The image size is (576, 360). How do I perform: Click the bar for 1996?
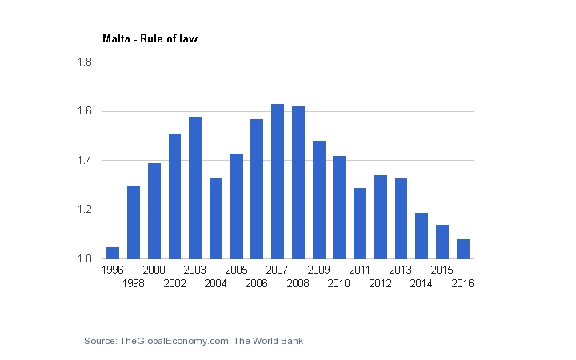tap(113, 253)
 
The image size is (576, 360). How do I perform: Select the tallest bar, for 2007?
tap(278, 182)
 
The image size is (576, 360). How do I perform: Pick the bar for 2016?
tap(462, 249)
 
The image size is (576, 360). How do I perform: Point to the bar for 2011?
tap(360, 223)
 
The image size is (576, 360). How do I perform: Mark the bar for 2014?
tap(422, 236)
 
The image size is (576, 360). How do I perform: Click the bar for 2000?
tap(154, 211)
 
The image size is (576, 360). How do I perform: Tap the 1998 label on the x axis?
tap(134, 284)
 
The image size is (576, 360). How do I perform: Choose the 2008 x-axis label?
tap(298, 284)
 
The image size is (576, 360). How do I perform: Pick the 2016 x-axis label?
tap(463, 284)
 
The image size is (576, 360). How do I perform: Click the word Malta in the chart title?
tap(115, 38)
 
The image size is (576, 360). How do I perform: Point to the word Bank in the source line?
tap(290, 342)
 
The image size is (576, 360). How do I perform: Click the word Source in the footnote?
tap(99, 342)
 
